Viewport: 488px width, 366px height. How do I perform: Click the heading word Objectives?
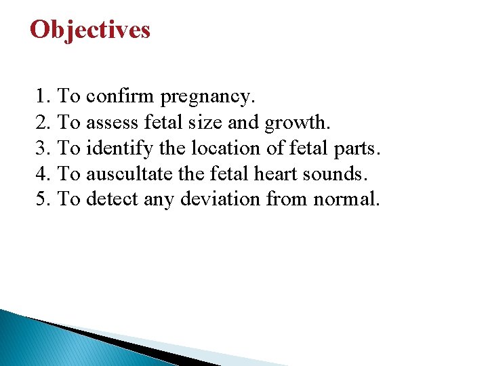tap(90, 30)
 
